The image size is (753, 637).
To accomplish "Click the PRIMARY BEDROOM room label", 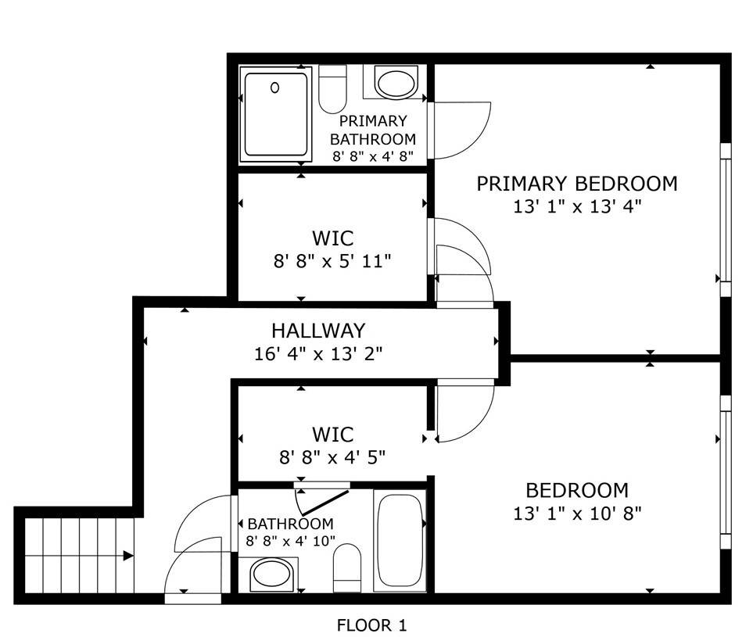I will coord(577,184).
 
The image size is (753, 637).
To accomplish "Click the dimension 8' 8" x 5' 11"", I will coord(332,260).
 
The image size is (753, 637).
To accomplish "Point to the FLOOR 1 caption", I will coord(371,625).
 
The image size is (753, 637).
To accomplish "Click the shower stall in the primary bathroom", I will coord(275,114).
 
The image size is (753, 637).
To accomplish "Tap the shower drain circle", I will coord(275,88).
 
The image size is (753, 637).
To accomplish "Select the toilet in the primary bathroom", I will coord(333,88).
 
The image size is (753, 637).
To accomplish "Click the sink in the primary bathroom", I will coord(396,83).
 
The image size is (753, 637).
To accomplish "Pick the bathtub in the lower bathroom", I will coord(400,541).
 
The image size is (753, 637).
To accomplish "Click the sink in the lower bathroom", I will coord(271,577).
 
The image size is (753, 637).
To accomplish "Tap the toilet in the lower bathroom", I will coord(346,569).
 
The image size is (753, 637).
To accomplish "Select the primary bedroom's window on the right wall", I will coord(726,220).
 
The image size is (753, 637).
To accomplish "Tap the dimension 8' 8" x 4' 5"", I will coord(332,456).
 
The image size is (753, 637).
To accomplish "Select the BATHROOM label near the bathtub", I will coord(290,524).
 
